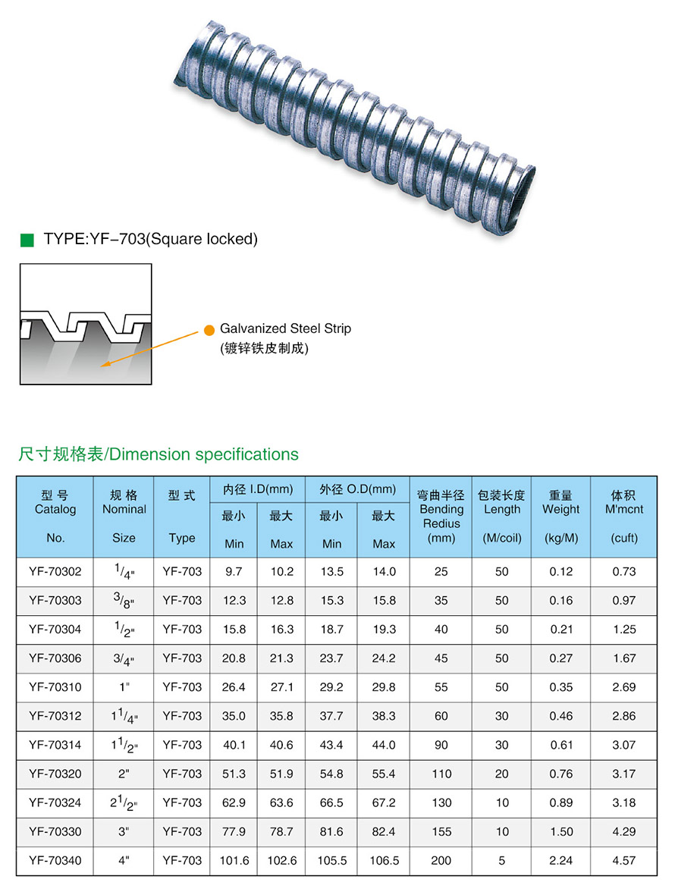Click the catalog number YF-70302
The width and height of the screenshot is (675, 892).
(x=55, y=572)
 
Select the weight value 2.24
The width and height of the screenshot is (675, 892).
(x=560, y=861)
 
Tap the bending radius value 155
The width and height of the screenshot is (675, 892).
(x=441, y=831)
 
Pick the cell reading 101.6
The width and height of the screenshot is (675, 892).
(x=234, y=861)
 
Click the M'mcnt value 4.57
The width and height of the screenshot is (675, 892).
(x=624, y=861)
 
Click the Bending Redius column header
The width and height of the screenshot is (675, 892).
(x=441, y=516)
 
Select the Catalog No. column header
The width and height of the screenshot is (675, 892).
(x=55, y=516)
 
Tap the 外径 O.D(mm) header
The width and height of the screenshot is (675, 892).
(x=357, y=489)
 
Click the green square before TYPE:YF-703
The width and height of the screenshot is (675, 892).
(x=27, y=240)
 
